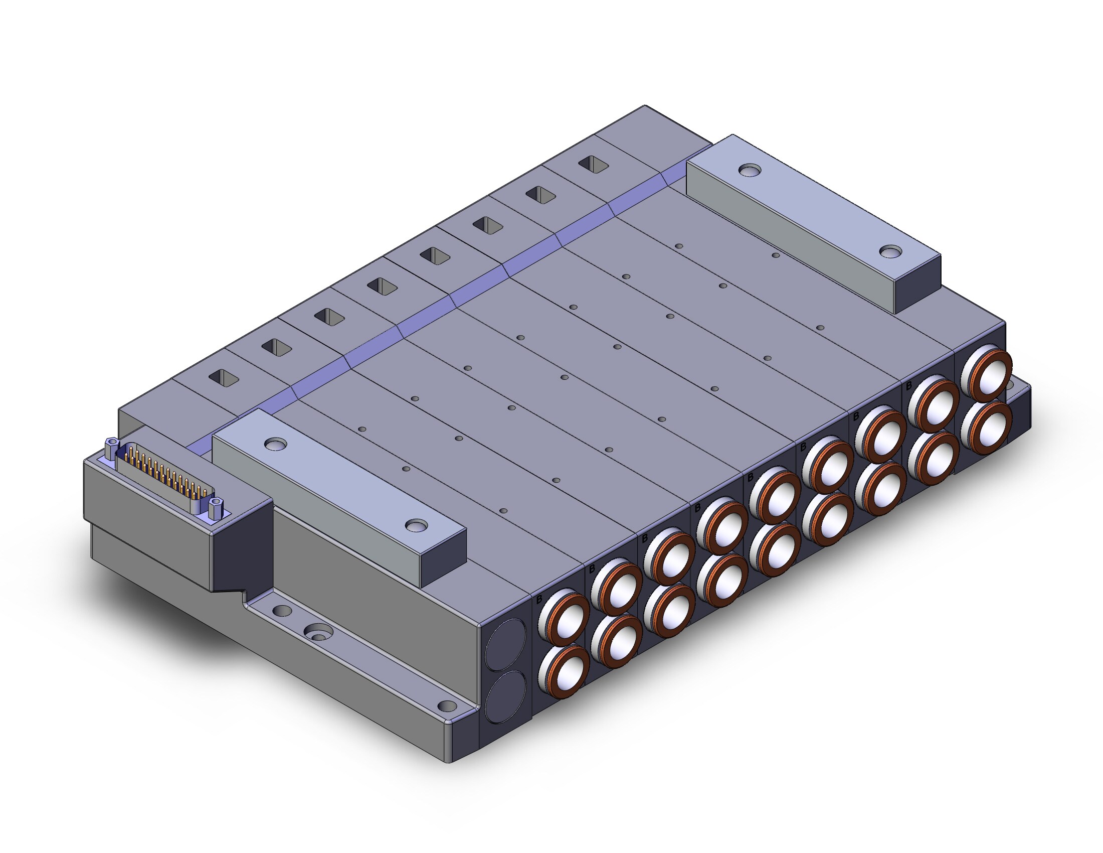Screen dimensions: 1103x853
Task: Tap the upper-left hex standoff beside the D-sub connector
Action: point(112,448)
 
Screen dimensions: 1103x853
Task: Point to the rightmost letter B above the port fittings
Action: point(908,386)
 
